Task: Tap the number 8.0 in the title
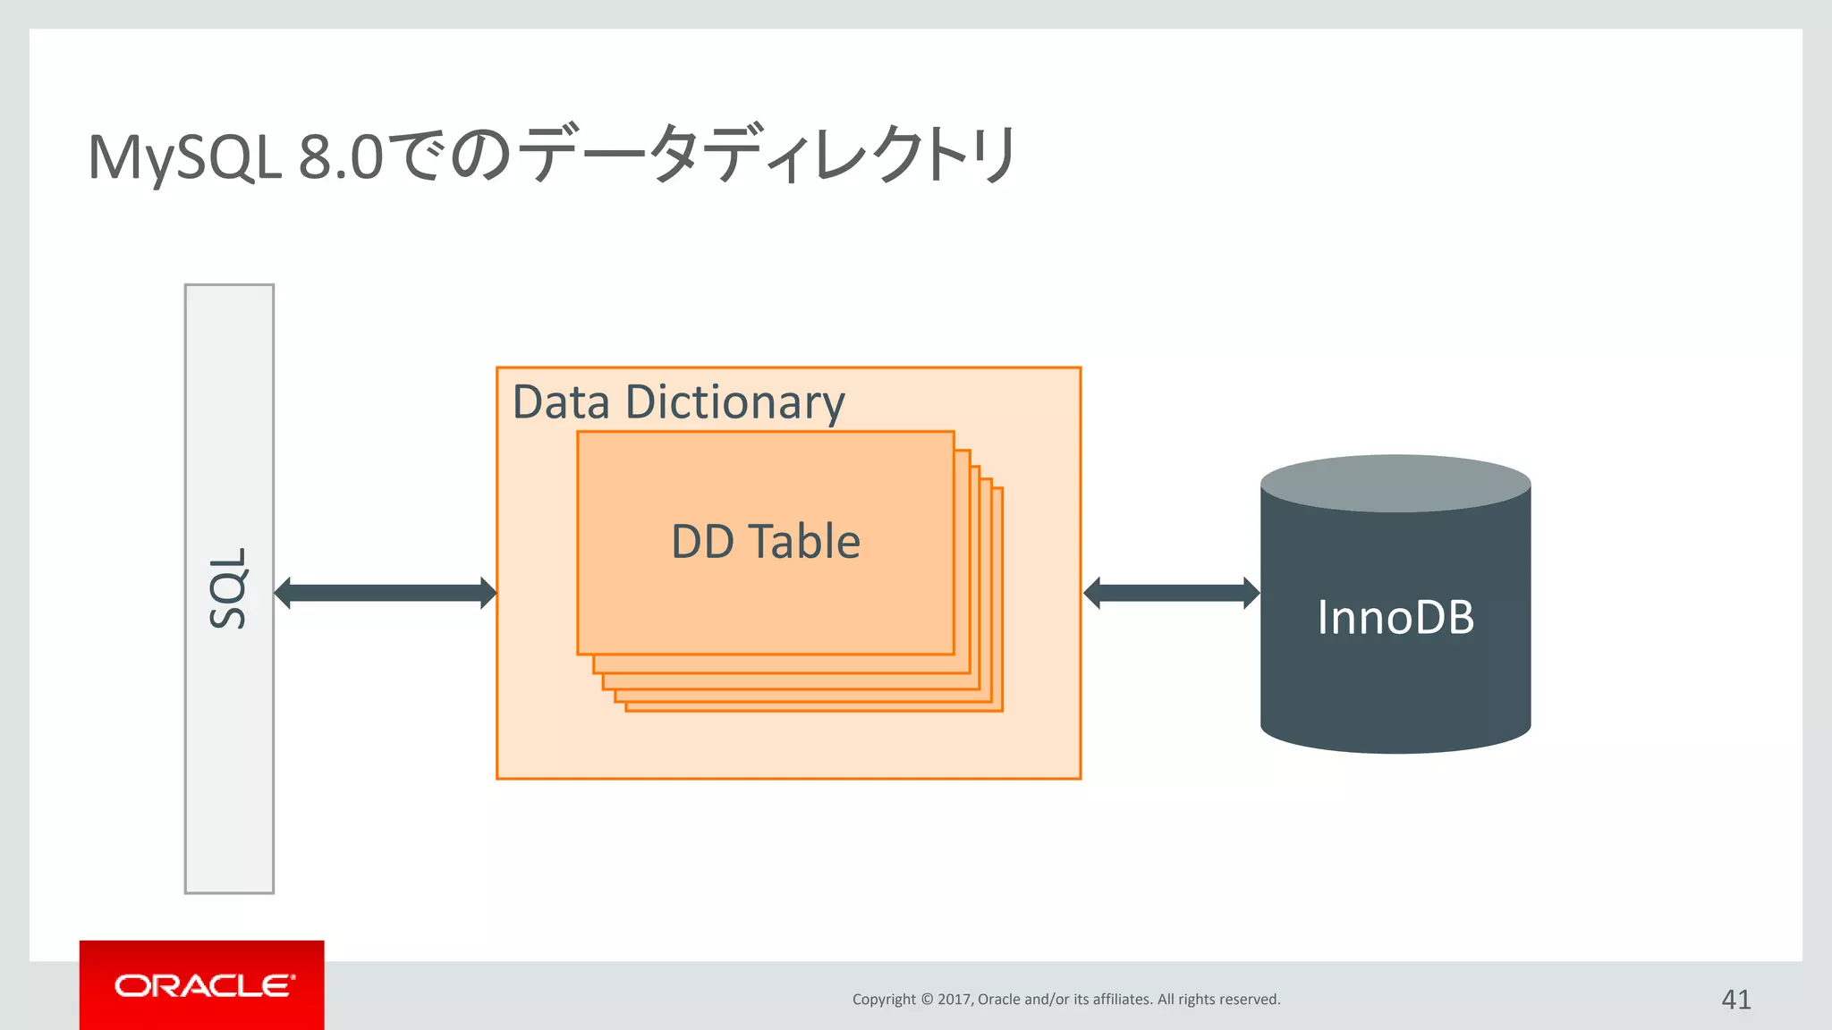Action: point(341,157)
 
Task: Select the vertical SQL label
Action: point(228,588)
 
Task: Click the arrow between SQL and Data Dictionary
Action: point(385,593)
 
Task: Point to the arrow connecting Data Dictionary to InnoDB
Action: point(1171,593)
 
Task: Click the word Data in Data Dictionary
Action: point(561,401)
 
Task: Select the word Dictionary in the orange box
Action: point(734,401)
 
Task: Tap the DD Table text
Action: point(766,542)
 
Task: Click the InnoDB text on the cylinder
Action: point(1395,618)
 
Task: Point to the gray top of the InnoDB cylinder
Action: point(1395,484)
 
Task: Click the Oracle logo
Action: point(203,985)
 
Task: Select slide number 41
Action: point(1735,999)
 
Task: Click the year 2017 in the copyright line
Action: point(954,1000)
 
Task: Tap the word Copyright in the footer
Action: point(884,1000)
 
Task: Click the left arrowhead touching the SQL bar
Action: point(283,593)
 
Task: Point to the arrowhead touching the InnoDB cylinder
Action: point(1251,593)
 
